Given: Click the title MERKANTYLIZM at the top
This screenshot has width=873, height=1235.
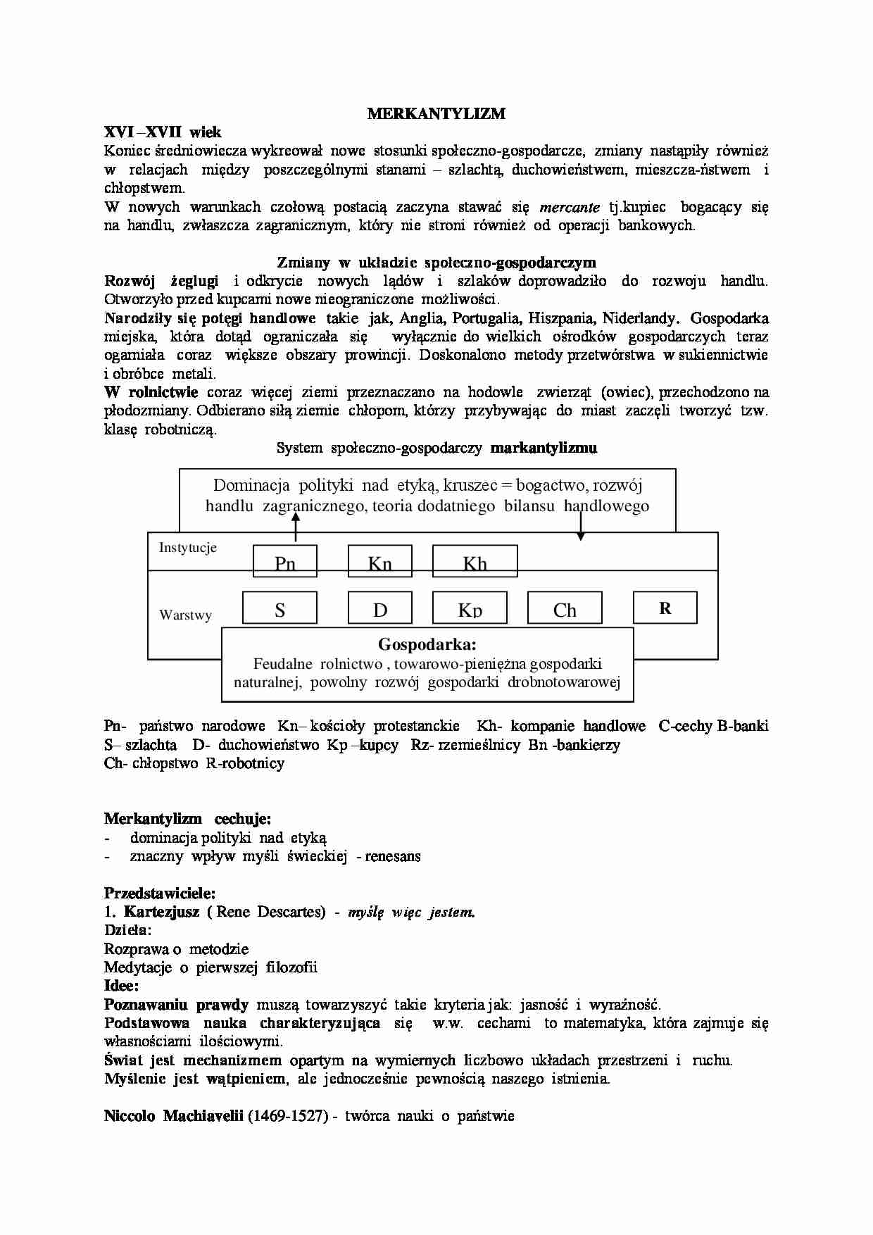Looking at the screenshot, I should click(436, 114).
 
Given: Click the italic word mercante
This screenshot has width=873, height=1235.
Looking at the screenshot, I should click(570, 207).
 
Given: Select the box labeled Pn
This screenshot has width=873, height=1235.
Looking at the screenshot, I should click(285, 561).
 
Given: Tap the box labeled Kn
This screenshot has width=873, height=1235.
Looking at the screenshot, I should click(380, 561).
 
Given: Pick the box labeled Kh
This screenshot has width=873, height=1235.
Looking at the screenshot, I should click(475, 561).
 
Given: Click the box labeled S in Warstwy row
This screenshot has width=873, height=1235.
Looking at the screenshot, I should click(280, 608).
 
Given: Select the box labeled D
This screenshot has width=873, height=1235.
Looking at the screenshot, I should click(380, 608).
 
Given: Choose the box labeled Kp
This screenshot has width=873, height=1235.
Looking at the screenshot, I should click(470, 608).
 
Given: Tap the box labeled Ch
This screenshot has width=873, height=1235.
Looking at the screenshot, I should click(565, 608).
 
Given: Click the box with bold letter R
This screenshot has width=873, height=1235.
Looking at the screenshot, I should click(665, 608).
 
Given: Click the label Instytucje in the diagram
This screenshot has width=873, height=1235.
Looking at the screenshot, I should click(187, 548).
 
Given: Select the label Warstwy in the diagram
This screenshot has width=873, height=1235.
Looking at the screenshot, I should click(185, 615).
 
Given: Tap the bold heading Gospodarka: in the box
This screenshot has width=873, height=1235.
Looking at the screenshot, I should click(427, 644).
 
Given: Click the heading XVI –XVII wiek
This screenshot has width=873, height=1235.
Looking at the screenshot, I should click(163, 132).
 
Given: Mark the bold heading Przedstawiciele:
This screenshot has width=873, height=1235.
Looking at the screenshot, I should click(160, 894).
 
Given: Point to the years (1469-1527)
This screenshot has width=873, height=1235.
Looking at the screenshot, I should click(288, 1116).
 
